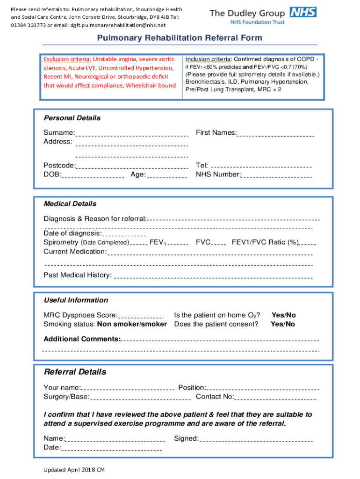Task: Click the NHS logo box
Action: [x=303, y=12]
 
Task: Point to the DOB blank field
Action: [x=93, y=176]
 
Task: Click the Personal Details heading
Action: [x=72, y=118]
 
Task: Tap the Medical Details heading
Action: [x=70, y=203]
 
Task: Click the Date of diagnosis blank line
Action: [x=124, y=235]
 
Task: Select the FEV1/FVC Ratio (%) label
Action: [x=265, y=242]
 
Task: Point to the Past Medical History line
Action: [x=213, y=277]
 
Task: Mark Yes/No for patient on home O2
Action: [x=284, y=315]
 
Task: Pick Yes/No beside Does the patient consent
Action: [x=283, y=324]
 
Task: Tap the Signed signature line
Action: [x=256, y=440]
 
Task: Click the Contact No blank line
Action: [x=276, y=399]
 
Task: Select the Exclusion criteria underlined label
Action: [x=67, y=59]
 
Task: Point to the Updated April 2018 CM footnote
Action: [x=74, y=469]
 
